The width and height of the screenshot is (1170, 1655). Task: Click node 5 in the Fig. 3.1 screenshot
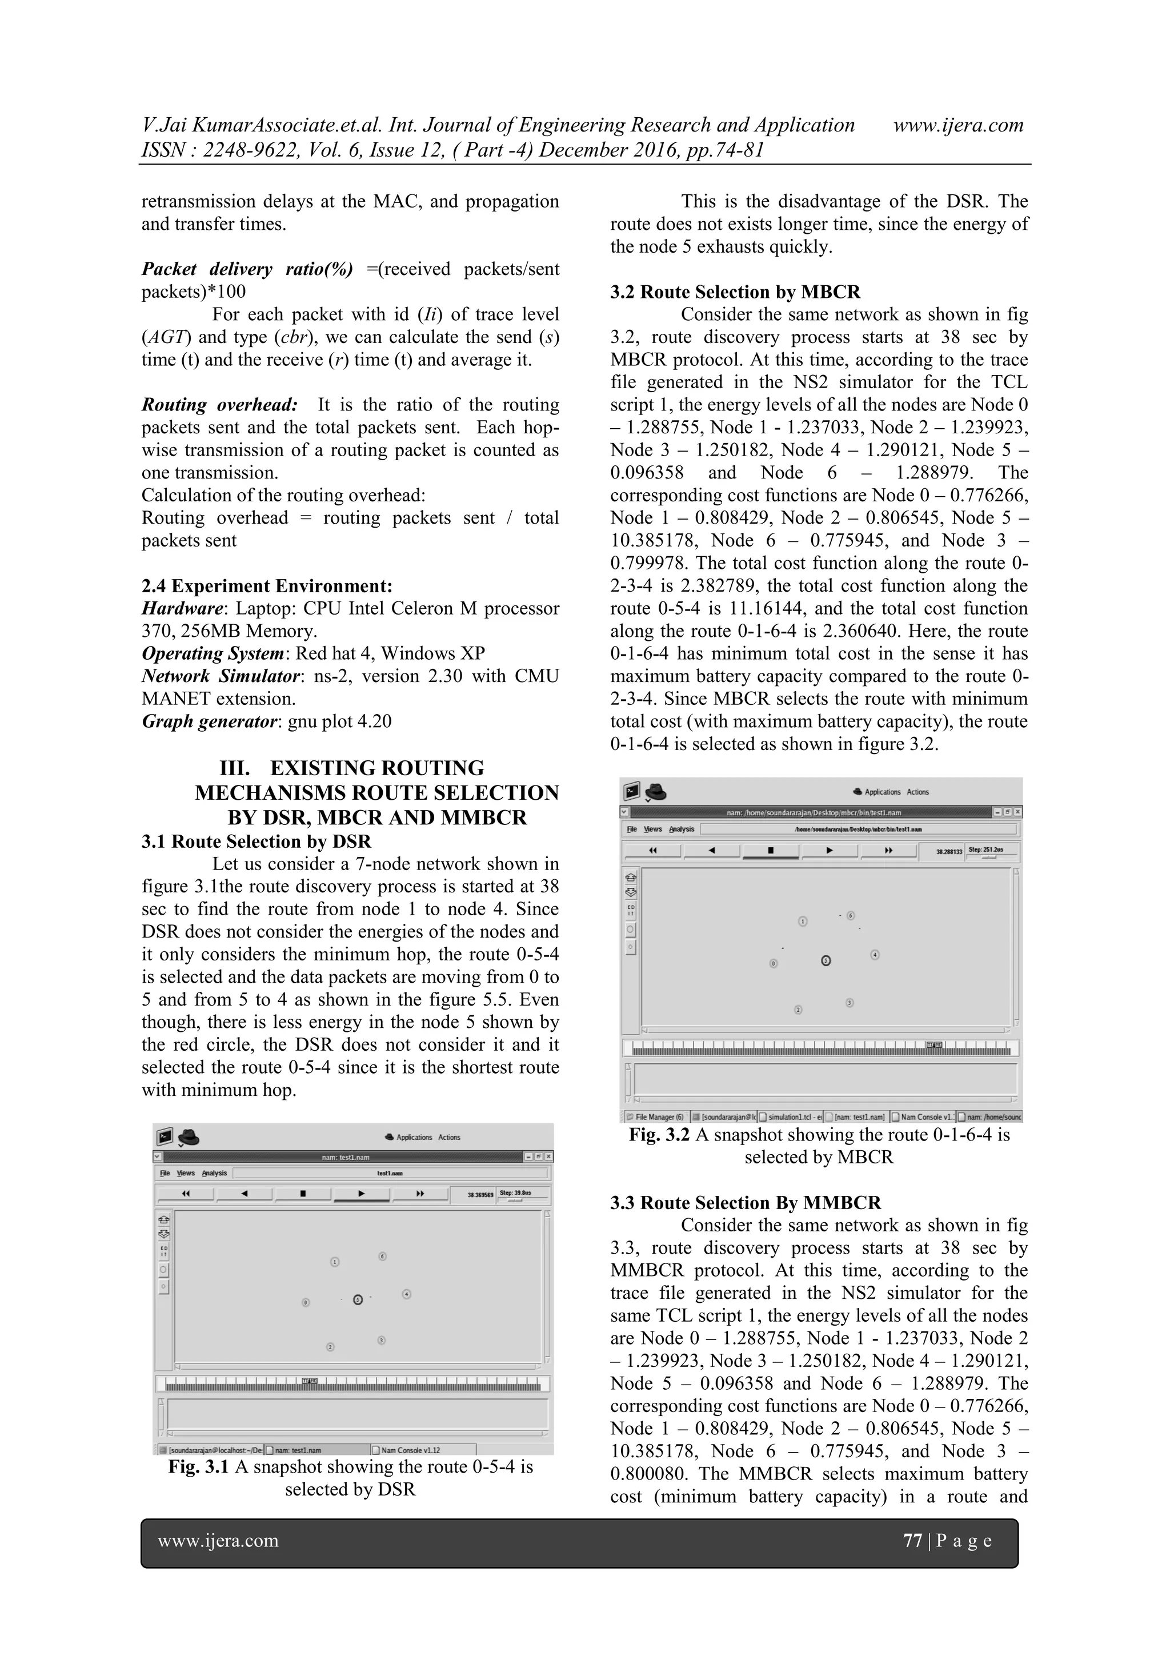click(358, 1299)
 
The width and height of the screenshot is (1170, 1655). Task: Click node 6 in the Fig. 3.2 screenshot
click(850, 915)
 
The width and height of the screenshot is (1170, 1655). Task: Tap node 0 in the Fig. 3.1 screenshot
click(306, 1302)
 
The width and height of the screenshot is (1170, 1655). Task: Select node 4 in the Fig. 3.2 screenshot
click(875, 954)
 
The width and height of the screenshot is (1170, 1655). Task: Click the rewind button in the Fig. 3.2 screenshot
click(653, 851)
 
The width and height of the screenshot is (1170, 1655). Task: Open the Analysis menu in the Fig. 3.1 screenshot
click(214, 1173)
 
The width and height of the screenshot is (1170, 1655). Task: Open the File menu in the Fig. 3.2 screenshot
click(632, 829)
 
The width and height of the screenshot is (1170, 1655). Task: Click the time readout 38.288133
click(949, 851)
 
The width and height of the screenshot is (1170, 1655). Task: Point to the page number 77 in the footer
click(912, 1541)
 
